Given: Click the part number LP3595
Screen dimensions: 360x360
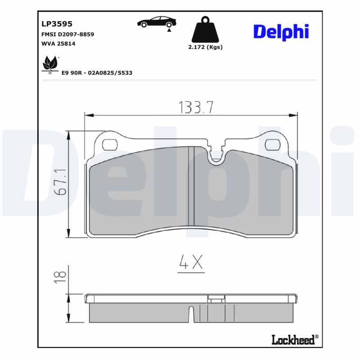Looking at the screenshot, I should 57,24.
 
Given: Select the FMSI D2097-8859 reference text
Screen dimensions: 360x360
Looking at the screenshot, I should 67,34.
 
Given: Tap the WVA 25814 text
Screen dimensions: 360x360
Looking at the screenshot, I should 58,44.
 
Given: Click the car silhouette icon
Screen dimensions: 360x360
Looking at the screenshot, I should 156,23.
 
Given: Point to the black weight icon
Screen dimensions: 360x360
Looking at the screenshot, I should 205,30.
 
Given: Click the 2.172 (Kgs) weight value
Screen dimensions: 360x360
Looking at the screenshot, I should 205,47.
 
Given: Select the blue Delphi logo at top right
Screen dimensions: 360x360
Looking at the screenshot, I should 281,31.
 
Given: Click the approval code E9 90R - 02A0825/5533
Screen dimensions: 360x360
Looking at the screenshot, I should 97,72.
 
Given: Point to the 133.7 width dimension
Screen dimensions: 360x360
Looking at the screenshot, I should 196,107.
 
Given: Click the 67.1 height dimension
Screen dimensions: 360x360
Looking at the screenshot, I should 61,183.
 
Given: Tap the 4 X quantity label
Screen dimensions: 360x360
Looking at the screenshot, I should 191,262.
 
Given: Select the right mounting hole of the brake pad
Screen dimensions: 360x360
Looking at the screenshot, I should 272,144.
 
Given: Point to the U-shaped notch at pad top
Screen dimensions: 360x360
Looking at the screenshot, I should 218,155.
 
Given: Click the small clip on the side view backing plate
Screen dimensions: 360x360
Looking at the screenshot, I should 216,297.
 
